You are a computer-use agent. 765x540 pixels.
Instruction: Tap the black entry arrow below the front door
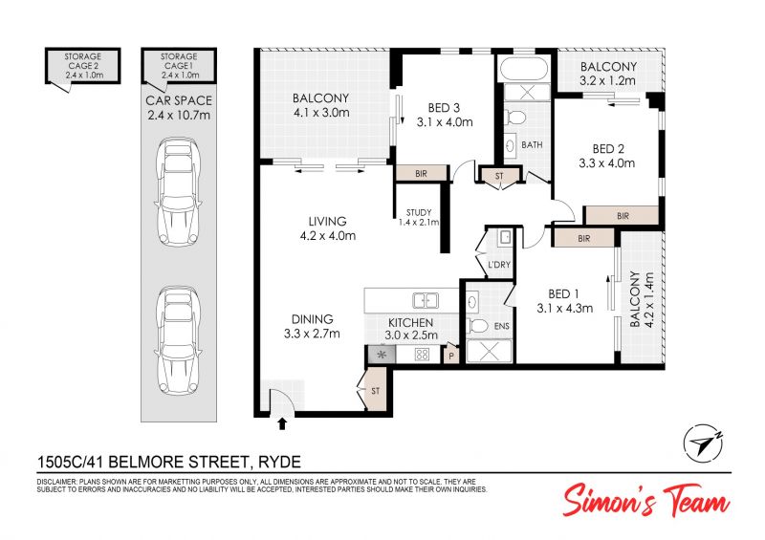coord(281,423)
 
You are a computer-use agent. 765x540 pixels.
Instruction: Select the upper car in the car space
coord(177,192)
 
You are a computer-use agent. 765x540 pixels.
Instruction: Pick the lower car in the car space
coord(177,340)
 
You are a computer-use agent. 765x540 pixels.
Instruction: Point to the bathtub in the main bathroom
coord(524,69)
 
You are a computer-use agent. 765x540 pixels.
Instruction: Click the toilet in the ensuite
coord(479,326)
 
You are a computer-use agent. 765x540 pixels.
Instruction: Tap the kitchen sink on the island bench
coord(425,300)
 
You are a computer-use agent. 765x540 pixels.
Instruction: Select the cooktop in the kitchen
coord(422,355)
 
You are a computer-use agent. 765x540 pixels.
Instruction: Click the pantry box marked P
coord(451,355)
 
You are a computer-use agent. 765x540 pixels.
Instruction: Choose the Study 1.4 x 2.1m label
coord(419,217)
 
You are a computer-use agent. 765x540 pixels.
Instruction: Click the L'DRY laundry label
coord(499,265)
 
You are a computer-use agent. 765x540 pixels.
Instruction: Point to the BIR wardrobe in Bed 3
coord(421,173)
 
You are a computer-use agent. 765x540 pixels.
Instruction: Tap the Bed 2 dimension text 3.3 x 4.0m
coord(607,162)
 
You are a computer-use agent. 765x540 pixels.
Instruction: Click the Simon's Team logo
coord(646,501)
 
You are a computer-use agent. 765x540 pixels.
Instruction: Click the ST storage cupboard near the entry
coord(376,391)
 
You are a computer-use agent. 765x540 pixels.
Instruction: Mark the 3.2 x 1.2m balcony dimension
coord(607,80)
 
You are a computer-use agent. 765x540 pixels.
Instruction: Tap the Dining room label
coord(313,319)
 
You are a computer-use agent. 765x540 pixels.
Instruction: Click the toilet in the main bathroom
coord(515,117)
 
